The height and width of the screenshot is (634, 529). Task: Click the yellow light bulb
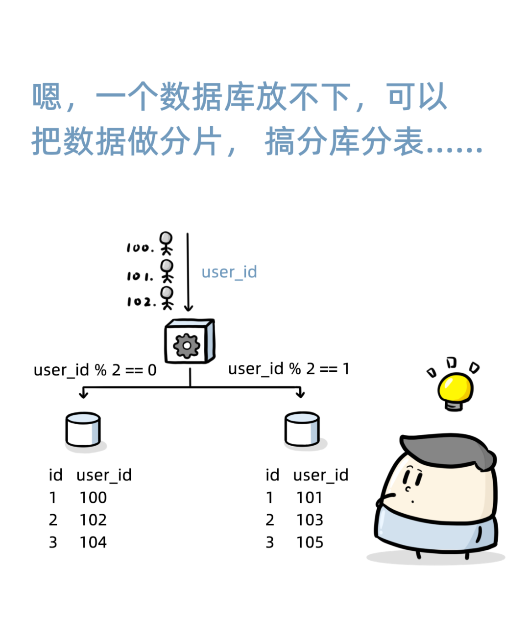pyautogui.click(x=455, y=389)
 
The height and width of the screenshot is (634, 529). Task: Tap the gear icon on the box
pyautogui.click(x=186, y=346)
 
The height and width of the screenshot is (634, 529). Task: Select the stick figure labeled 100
pyautogui.click(x=167, y=243)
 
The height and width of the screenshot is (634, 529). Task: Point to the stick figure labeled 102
pyautogui.click(x=167, y=298)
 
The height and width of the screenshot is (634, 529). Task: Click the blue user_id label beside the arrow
pyautogui.click(x=229, y=272)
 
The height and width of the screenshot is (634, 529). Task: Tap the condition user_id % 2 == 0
pyautogui.click(x=95, y=370)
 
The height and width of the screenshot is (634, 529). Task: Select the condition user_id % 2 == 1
pyautogui.click(x=289, y=369)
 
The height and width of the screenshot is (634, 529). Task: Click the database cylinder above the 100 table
pyautogui.click(x=83, y=430)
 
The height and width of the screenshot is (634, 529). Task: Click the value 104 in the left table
pyautogui.click(x=93, y=543)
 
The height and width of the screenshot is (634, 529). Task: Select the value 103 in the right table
pyautogui.click(x=310, y=520)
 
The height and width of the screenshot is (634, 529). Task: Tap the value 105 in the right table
pyautogui.click(x=310, y=543)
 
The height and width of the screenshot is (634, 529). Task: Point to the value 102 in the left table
pyautogui.click(x=93, y=520)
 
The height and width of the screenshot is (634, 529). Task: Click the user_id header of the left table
pyautogui.click(x=104, y=475)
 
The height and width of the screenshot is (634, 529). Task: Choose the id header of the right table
pyautogui.click(x=272, y=475)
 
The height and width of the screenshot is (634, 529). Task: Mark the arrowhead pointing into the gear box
pyautogui.click(x=188, y=308)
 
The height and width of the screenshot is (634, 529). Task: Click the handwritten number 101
pyautogui.click(x=140, y=276)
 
